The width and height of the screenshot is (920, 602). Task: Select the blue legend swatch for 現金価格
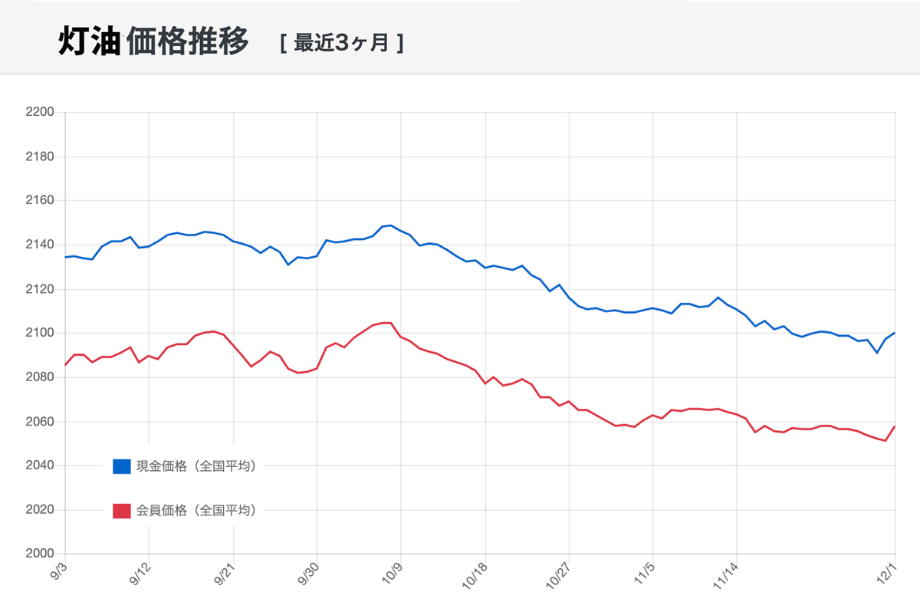pyautogui.click(x=122, y=466)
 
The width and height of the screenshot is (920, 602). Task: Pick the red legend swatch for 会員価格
pyautogui.click(x=122, y=511)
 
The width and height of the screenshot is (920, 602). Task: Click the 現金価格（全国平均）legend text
pyautogui.click(x=196, y=466)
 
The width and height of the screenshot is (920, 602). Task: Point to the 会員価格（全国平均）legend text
pyautogui.click(x=196, y=511)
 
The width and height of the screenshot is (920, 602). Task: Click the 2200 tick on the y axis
pyautogui.click(x=40, y=113)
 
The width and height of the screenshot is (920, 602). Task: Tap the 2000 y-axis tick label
pyautogui.click(x=40, y=554)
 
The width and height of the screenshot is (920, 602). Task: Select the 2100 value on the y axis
pyautogui.click(x=40, y=334)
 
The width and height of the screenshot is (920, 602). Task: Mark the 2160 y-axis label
pyautogui.click(x=40, y=201)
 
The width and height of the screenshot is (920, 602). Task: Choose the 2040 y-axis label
pyautogui.click(x=40, y=466)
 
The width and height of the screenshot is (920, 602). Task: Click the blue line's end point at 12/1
pyautogui.click(x=895, y=333)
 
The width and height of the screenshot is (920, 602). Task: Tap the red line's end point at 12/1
pyautogui.click(x=895, y=426)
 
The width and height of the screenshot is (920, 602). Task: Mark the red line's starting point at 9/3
pyautogui.click(x=66, y=365)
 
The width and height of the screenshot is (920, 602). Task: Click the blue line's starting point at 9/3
pyautogui.click(x=66, y=257)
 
